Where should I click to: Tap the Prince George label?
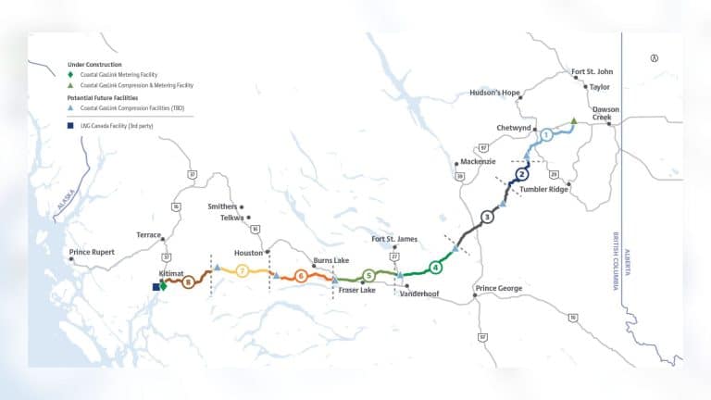pos(498,289)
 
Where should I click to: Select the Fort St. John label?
pos(592,71)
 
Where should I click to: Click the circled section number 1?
pos(546,135)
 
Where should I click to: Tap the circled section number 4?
pos(435,268)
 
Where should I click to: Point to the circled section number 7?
pos(243,270)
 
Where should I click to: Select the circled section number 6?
pos(301,275)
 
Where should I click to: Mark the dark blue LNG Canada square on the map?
pos(156,287)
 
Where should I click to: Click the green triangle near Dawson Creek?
pos(574,120)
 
